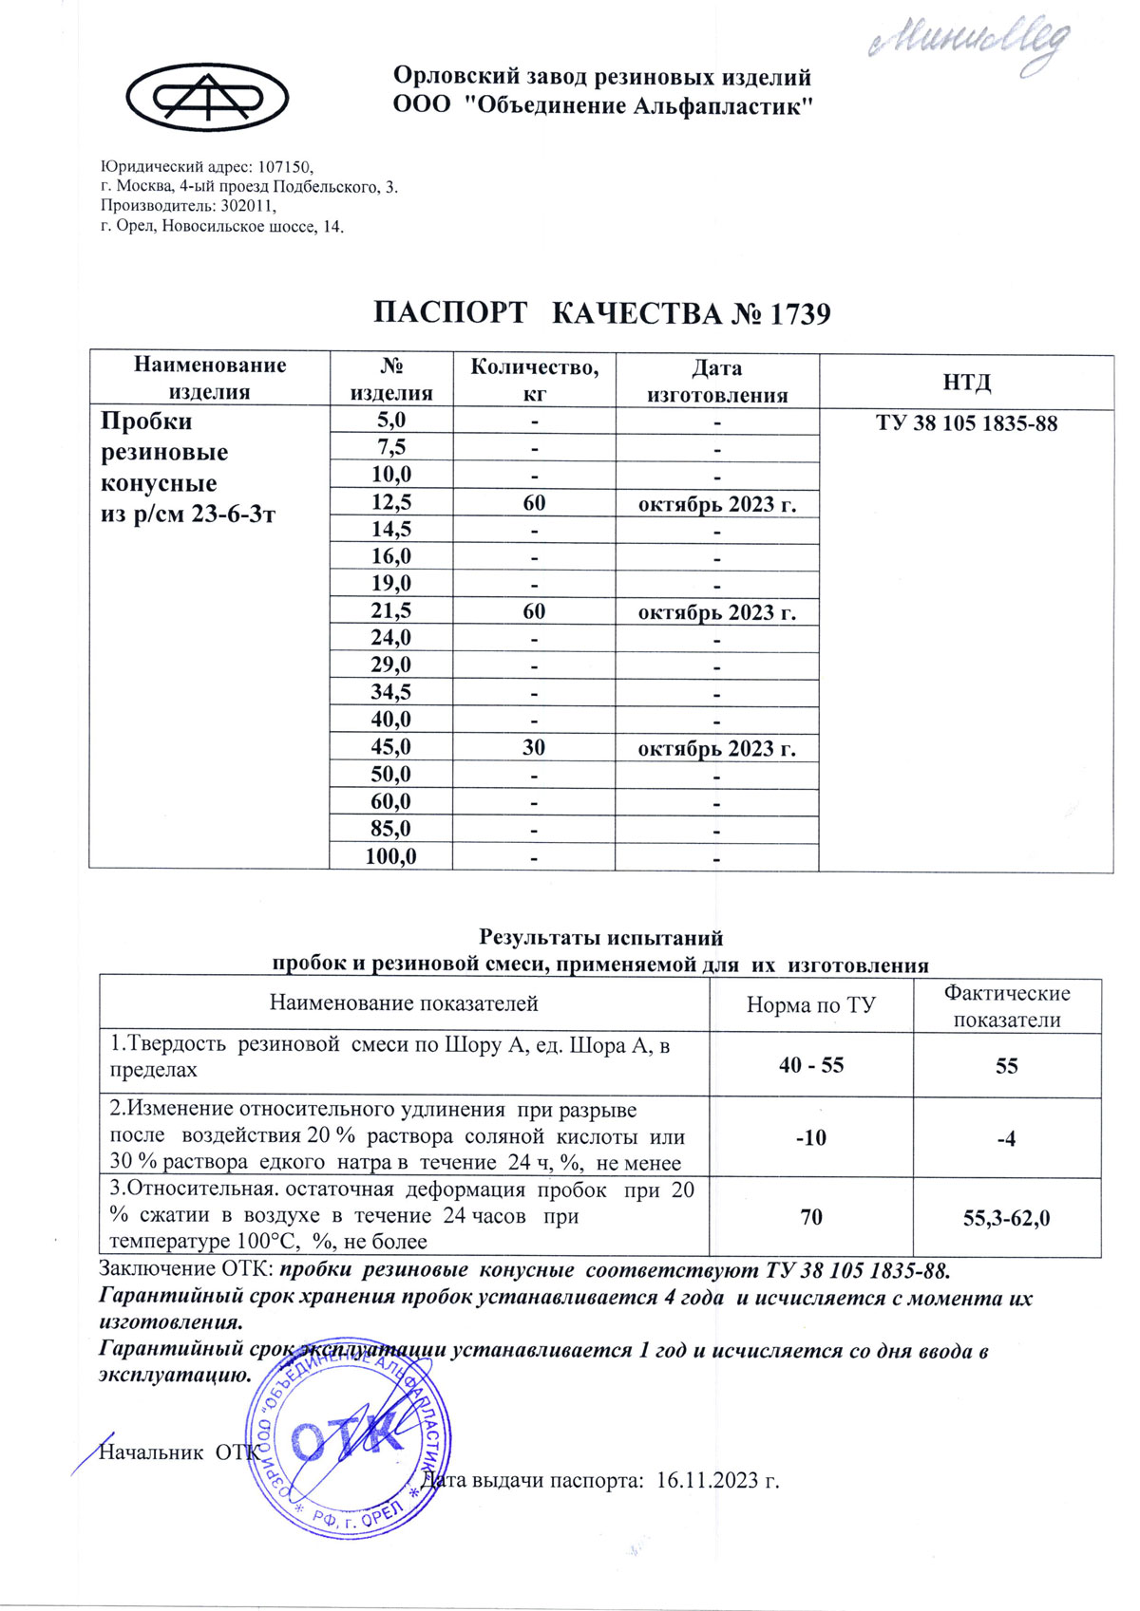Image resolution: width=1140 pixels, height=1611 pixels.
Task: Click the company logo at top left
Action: tap(208, 98)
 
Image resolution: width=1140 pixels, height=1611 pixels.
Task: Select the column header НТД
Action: tap(966, 382)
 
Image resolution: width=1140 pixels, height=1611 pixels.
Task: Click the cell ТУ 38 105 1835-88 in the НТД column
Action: tap(966, 423)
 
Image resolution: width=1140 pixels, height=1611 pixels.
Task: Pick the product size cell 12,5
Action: tap(390, 502)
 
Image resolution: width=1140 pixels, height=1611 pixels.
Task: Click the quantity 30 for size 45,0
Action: tap(534, 748)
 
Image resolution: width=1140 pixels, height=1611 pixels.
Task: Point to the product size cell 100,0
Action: tap(390, 856)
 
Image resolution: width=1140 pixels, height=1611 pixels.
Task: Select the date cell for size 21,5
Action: tap(716, 612)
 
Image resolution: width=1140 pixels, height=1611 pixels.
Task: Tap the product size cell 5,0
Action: tap(390, 421)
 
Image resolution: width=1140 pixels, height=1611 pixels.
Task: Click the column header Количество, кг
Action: tap(534, 380)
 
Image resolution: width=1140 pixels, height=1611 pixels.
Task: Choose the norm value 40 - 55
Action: tap(811, 1065)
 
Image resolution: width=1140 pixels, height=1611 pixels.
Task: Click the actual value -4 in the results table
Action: tap(1006, 1138)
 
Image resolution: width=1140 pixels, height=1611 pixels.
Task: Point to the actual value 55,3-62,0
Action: tap(1006, 1218)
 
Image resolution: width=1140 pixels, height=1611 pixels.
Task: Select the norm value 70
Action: tap(811, 1218)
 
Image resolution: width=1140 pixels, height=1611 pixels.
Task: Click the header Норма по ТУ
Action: tap(811, 1005)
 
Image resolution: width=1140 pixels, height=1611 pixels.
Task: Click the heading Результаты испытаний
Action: tap(600, 938)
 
